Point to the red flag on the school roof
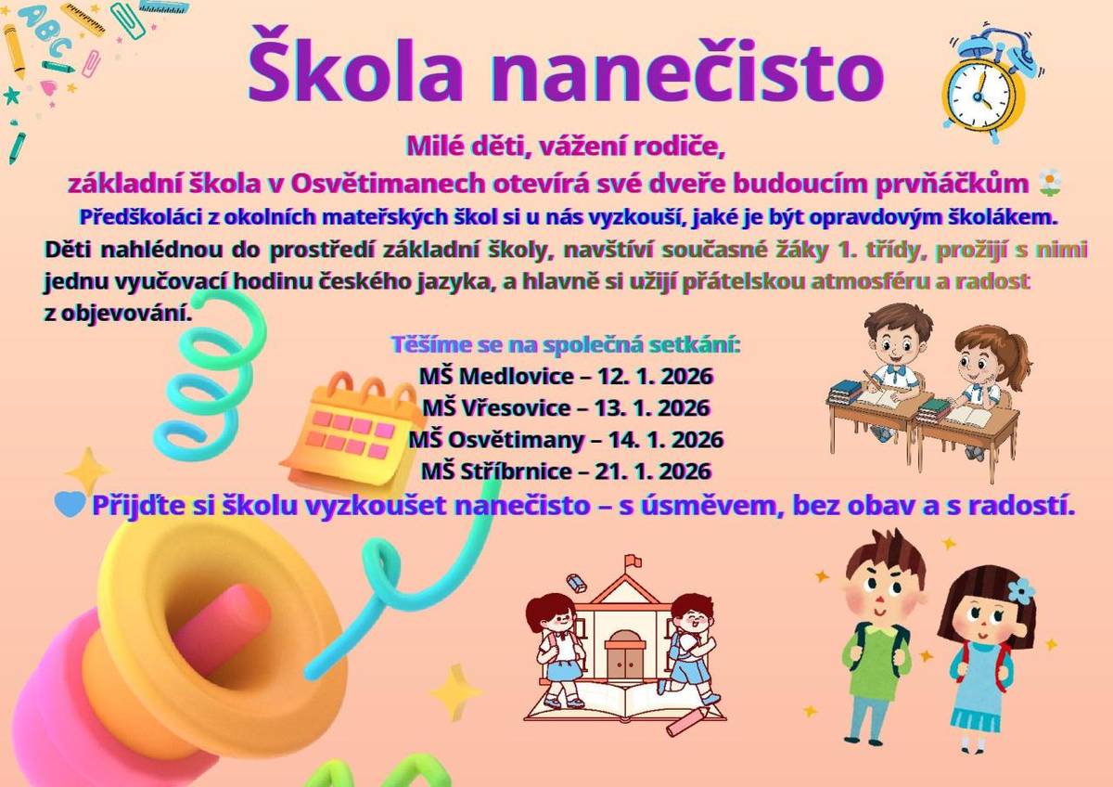pos(632,561)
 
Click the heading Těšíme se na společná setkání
pos(566,346)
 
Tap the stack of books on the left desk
pos(846,390)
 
